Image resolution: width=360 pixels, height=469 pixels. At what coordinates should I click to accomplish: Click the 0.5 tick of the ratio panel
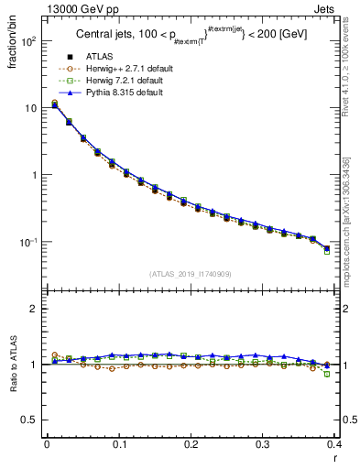point(31,420)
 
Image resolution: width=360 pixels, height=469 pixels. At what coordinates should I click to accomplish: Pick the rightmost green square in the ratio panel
point(327,374)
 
